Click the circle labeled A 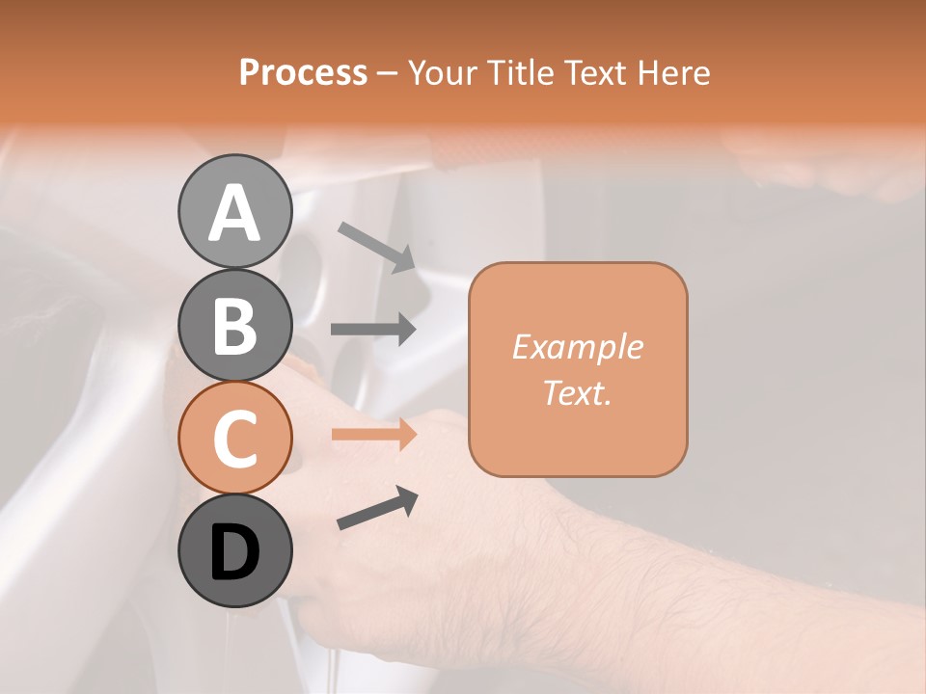click(x=234, y=212)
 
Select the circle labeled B click(x=234, y=325)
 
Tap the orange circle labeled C click(x=234, y=438)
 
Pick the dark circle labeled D click(x=234, y=550)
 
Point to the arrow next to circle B click(x=374, y=330)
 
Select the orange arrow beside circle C click(x=374, y=434)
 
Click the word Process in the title click(x=303, y=72)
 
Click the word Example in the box click(x=577, y=347)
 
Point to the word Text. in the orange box click(x=577, y=392)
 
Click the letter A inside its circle click(x=234, y=213)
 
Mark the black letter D click(x=234, y=552)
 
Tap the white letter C click(x=234, y=439)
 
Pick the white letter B click(x=234, y=326)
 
